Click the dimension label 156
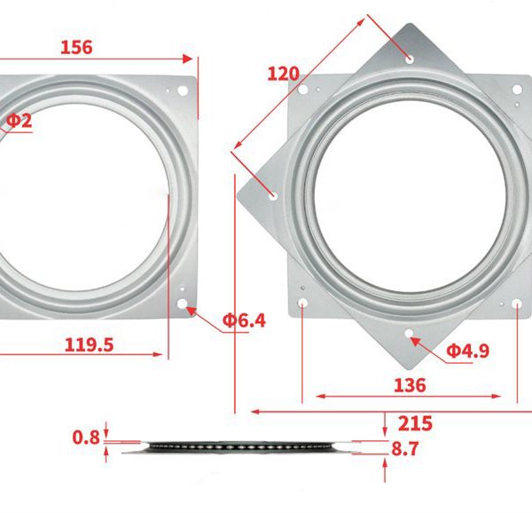(76, 48)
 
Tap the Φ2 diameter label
(20, 121)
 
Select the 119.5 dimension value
(89, 345)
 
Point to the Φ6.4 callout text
(244, 320)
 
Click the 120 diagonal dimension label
(284, 74)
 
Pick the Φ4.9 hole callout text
(468, 351)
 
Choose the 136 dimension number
(410, 386)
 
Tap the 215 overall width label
(415, 423)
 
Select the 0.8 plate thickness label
(86, 438)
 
